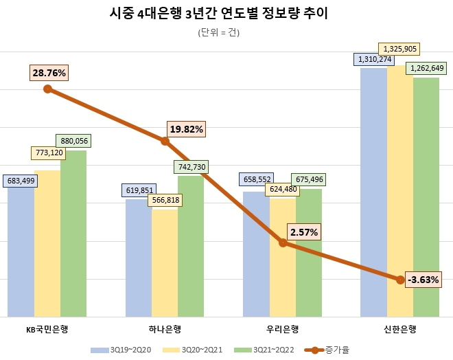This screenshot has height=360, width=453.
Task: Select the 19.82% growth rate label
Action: click(x=186, y=128)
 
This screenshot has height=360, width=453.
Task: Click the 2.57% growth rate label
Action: click(x=304, y=232)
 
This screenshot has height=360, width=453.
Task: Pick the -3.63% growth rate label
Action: click(x=423, y=280)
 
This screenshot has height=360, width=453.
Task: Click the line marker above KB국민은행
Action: click(x=47, y=89)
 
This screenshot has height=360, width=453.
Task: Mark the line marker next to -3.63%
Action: click(x=401, y=280)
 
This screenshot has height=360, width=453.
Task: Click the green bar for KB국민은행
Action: click(x=73, y=234)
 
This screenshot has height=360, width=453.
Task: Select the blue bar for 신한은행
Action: click(x=374, y=192)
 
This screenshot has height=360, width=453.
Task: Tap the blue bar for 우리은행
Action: click(x=256, y=254)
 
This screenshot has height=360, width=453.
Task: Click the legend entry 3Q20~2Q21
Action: click(x=198, y=350)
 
